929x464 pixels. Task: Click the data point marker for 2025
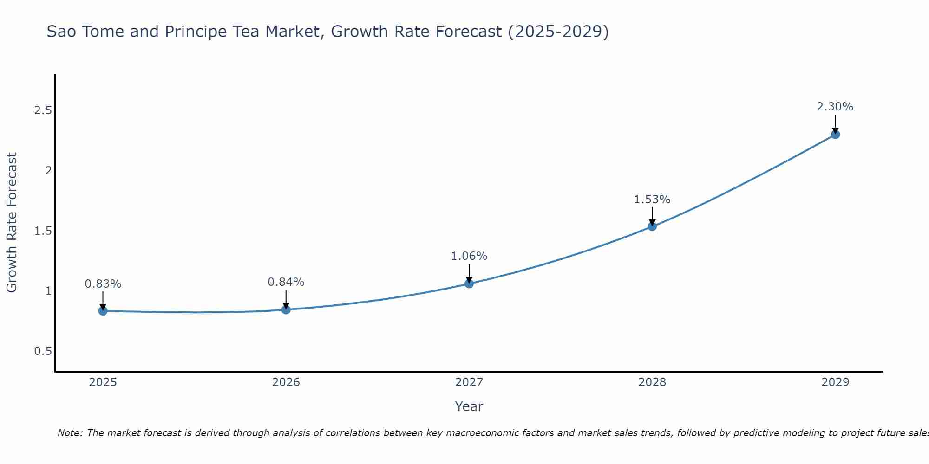(103, 311)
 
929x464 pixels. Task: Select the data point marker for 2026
(286, 309)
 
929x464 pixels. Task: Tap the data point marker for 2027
(469, 284)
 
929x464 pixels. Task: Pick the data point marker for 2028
(652, 226)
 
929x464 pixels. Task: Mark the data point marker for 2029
(835, 135)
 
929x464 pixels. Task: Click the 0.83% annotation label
(103, 284)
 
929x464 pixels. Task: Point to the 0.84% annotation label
(286, 282)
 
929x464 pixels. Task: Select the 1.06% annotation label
(469, 256)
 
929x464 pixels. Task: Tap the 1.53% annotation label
(652, 200)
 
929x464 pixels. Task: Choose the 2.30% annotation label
(835, 107)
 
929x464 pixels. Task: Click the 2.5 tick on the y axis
(43, 110)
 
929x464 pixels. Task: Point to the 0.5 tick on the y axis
(43, 351)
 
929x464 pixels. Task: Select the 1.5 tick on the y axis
(43, 231)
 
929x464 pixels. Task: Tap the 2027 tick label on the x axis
(469, 382)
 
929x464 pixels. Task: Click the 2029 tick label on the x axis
(835, 382)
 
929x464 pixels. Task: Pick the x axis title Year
(469, 406)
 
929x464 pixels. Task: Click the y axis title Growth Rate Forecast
(12, 223)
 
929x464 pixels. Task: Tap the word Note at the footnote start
(70, 433)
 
